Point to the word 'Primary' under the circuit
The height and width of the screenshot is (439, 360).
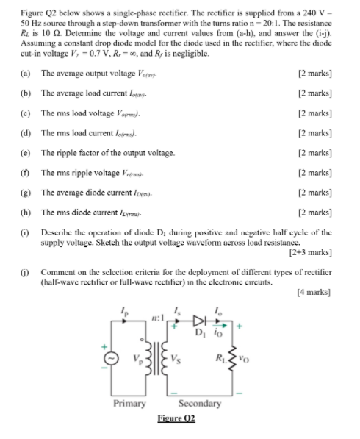(x=129, y=403)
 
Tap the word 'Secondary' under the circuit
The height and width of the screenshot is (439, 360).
(x=199, y=403)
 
